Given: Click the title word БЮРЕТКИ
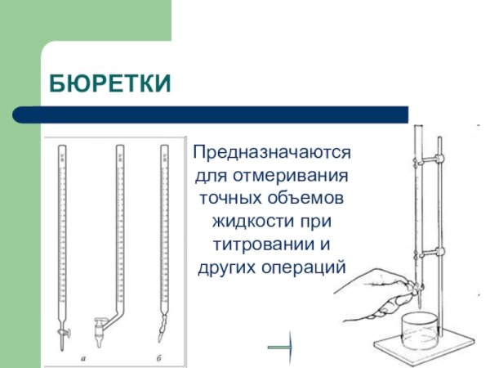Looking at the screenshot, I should coord(111,83).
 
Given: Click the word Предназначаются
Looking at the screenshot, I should coord(271,153).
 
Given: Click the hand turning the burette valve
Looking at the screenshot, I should coord(376,294).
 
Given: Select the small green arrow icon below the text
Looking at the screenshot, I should coord(280,348).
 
